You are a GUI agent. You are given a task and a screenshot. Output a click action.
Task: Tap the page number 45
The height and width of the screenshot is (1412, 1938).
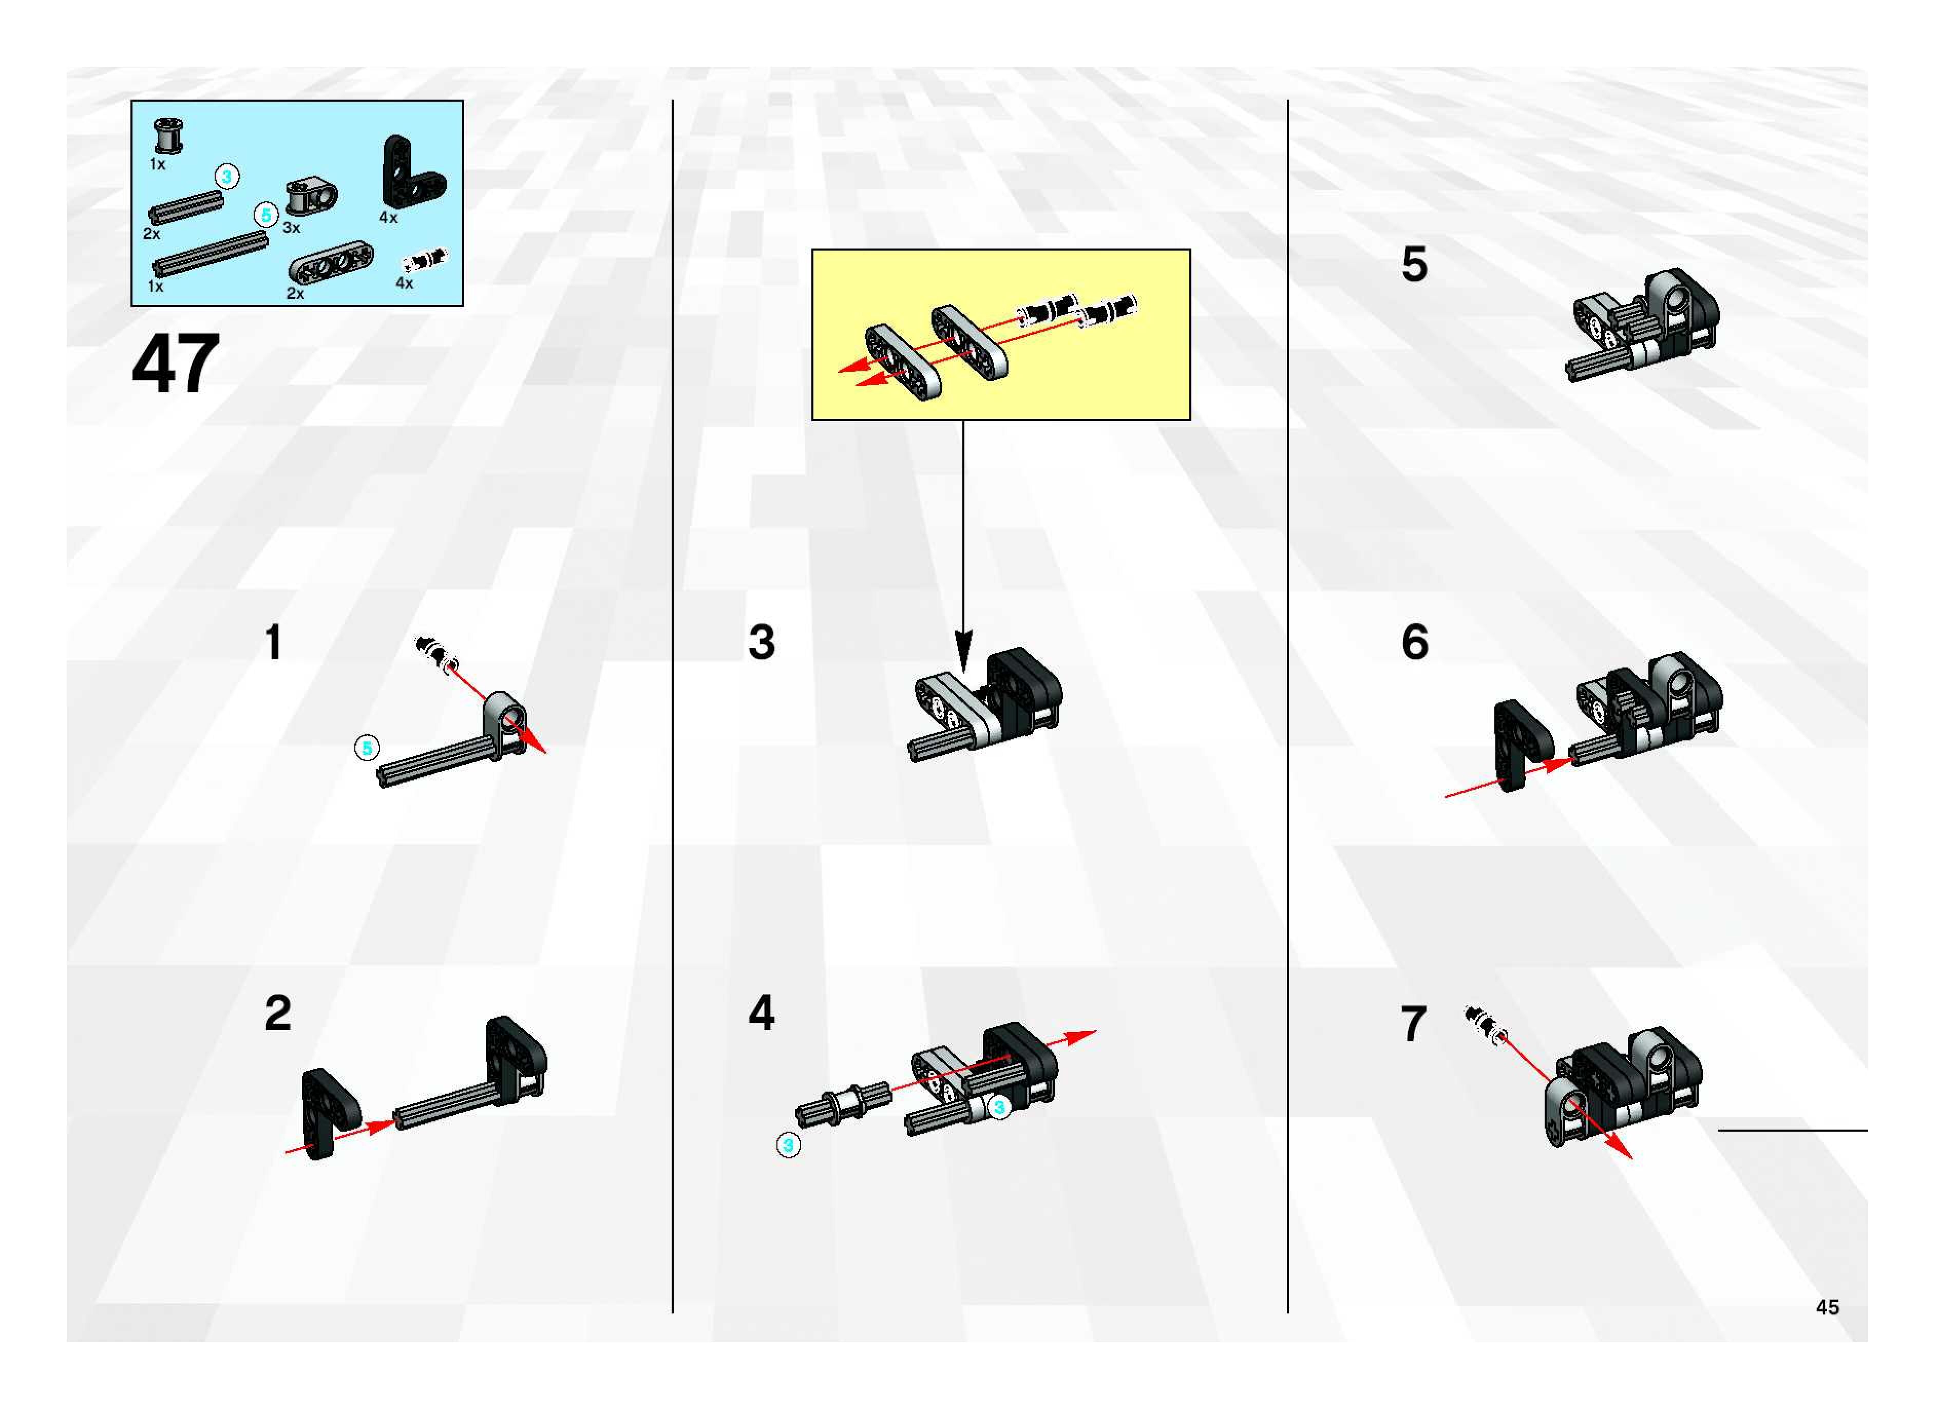[1827, 1307]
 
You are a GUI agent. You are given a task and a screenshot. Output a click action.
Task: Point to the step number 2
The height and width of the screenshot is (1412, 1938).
[278, 1014]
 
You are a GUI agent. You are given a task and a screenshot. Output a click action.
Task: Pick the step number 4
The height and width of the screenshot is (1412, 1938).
[761, 1013]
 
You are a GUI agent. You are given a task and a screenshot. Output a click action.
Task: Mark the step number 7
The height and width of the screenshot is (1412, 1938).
[1413, 1024]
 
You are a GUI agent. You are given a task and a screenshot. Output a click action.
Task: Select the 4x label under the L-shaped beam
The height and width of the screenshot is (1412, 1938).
[388, 218]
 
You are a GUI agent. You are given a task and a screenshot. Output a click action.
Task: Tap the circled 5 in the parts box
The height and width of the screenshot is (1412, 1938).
[266, 215]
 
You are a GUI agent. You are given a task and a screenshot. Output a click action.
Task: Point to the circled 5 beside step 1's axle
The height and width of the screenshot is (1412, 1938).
[367, 749]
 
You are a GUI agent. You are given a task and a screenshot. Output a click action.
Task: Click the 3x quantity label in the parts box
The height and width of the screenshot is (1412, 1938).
[292, 228]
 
